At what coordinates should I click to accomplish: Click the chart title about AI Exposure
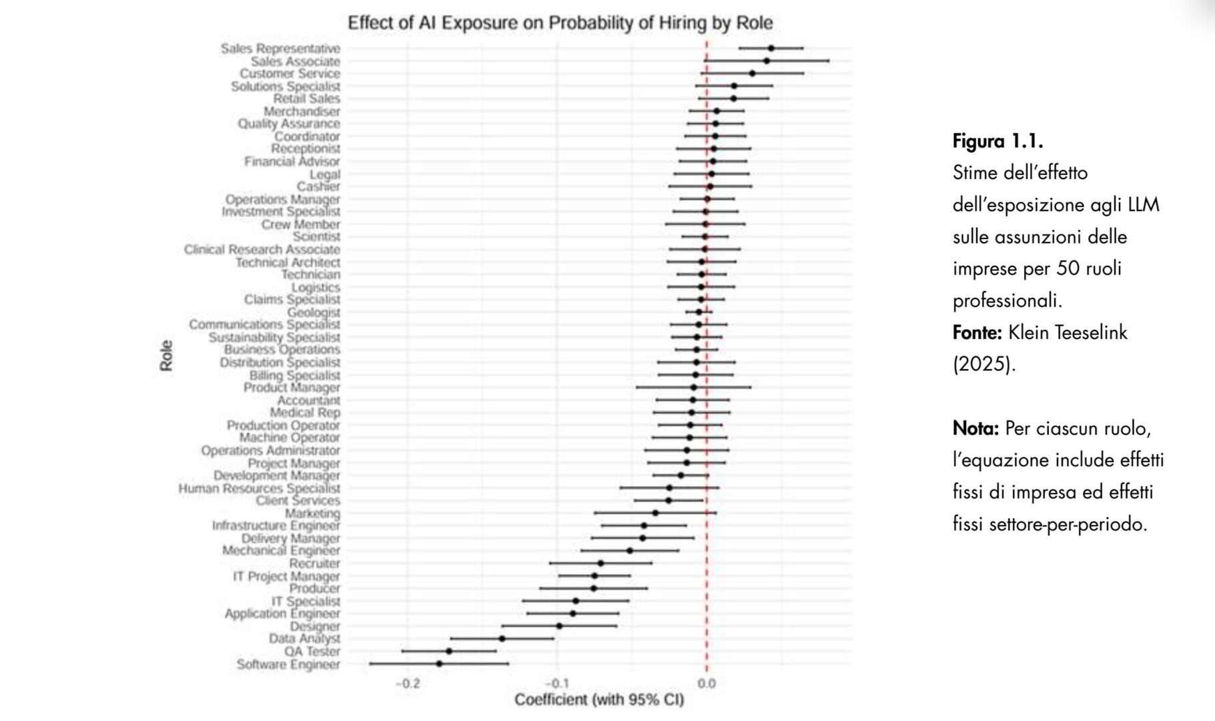pos(560,23)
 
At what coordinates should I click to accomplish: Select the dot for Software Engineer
pos(439,664)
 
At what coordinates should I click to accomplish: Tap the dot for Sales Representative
pos(771,48)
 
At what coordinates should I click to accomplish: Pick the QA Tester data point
pos(449,651)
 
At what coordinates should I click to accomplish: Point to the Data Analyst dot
pos(502,638)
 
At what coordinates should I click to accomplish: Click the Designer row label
pos(314,626)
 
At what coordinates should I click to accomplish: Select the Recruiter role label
pos(314,563)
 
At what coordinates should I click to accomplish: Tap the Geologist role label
pos(313,312)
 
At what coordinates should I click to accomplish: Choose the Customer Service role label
pos(290,73)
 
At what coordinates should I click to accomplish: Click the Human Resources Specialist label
pos(259,488)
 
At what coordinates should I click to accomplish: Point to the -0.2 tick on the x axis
pos(408,684)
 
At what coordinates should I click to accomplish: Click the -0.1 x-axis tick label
pos(556,684)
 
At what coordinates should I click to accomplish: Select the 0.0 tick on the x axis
pos(706,684)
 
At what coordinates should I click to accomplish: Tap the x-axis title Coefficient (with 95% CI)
pos(598,700)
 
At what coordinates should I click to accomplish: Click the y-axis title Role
pos(166,356)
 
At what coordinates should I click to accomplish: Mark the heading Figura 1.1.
pos(997,142)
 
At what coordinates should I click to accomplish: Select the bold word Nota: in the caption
pos(975,428)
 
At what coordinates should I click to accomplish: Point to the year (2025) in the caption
pos(983,365)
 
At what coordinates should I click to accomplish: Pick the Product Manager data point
pos(693,387)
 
